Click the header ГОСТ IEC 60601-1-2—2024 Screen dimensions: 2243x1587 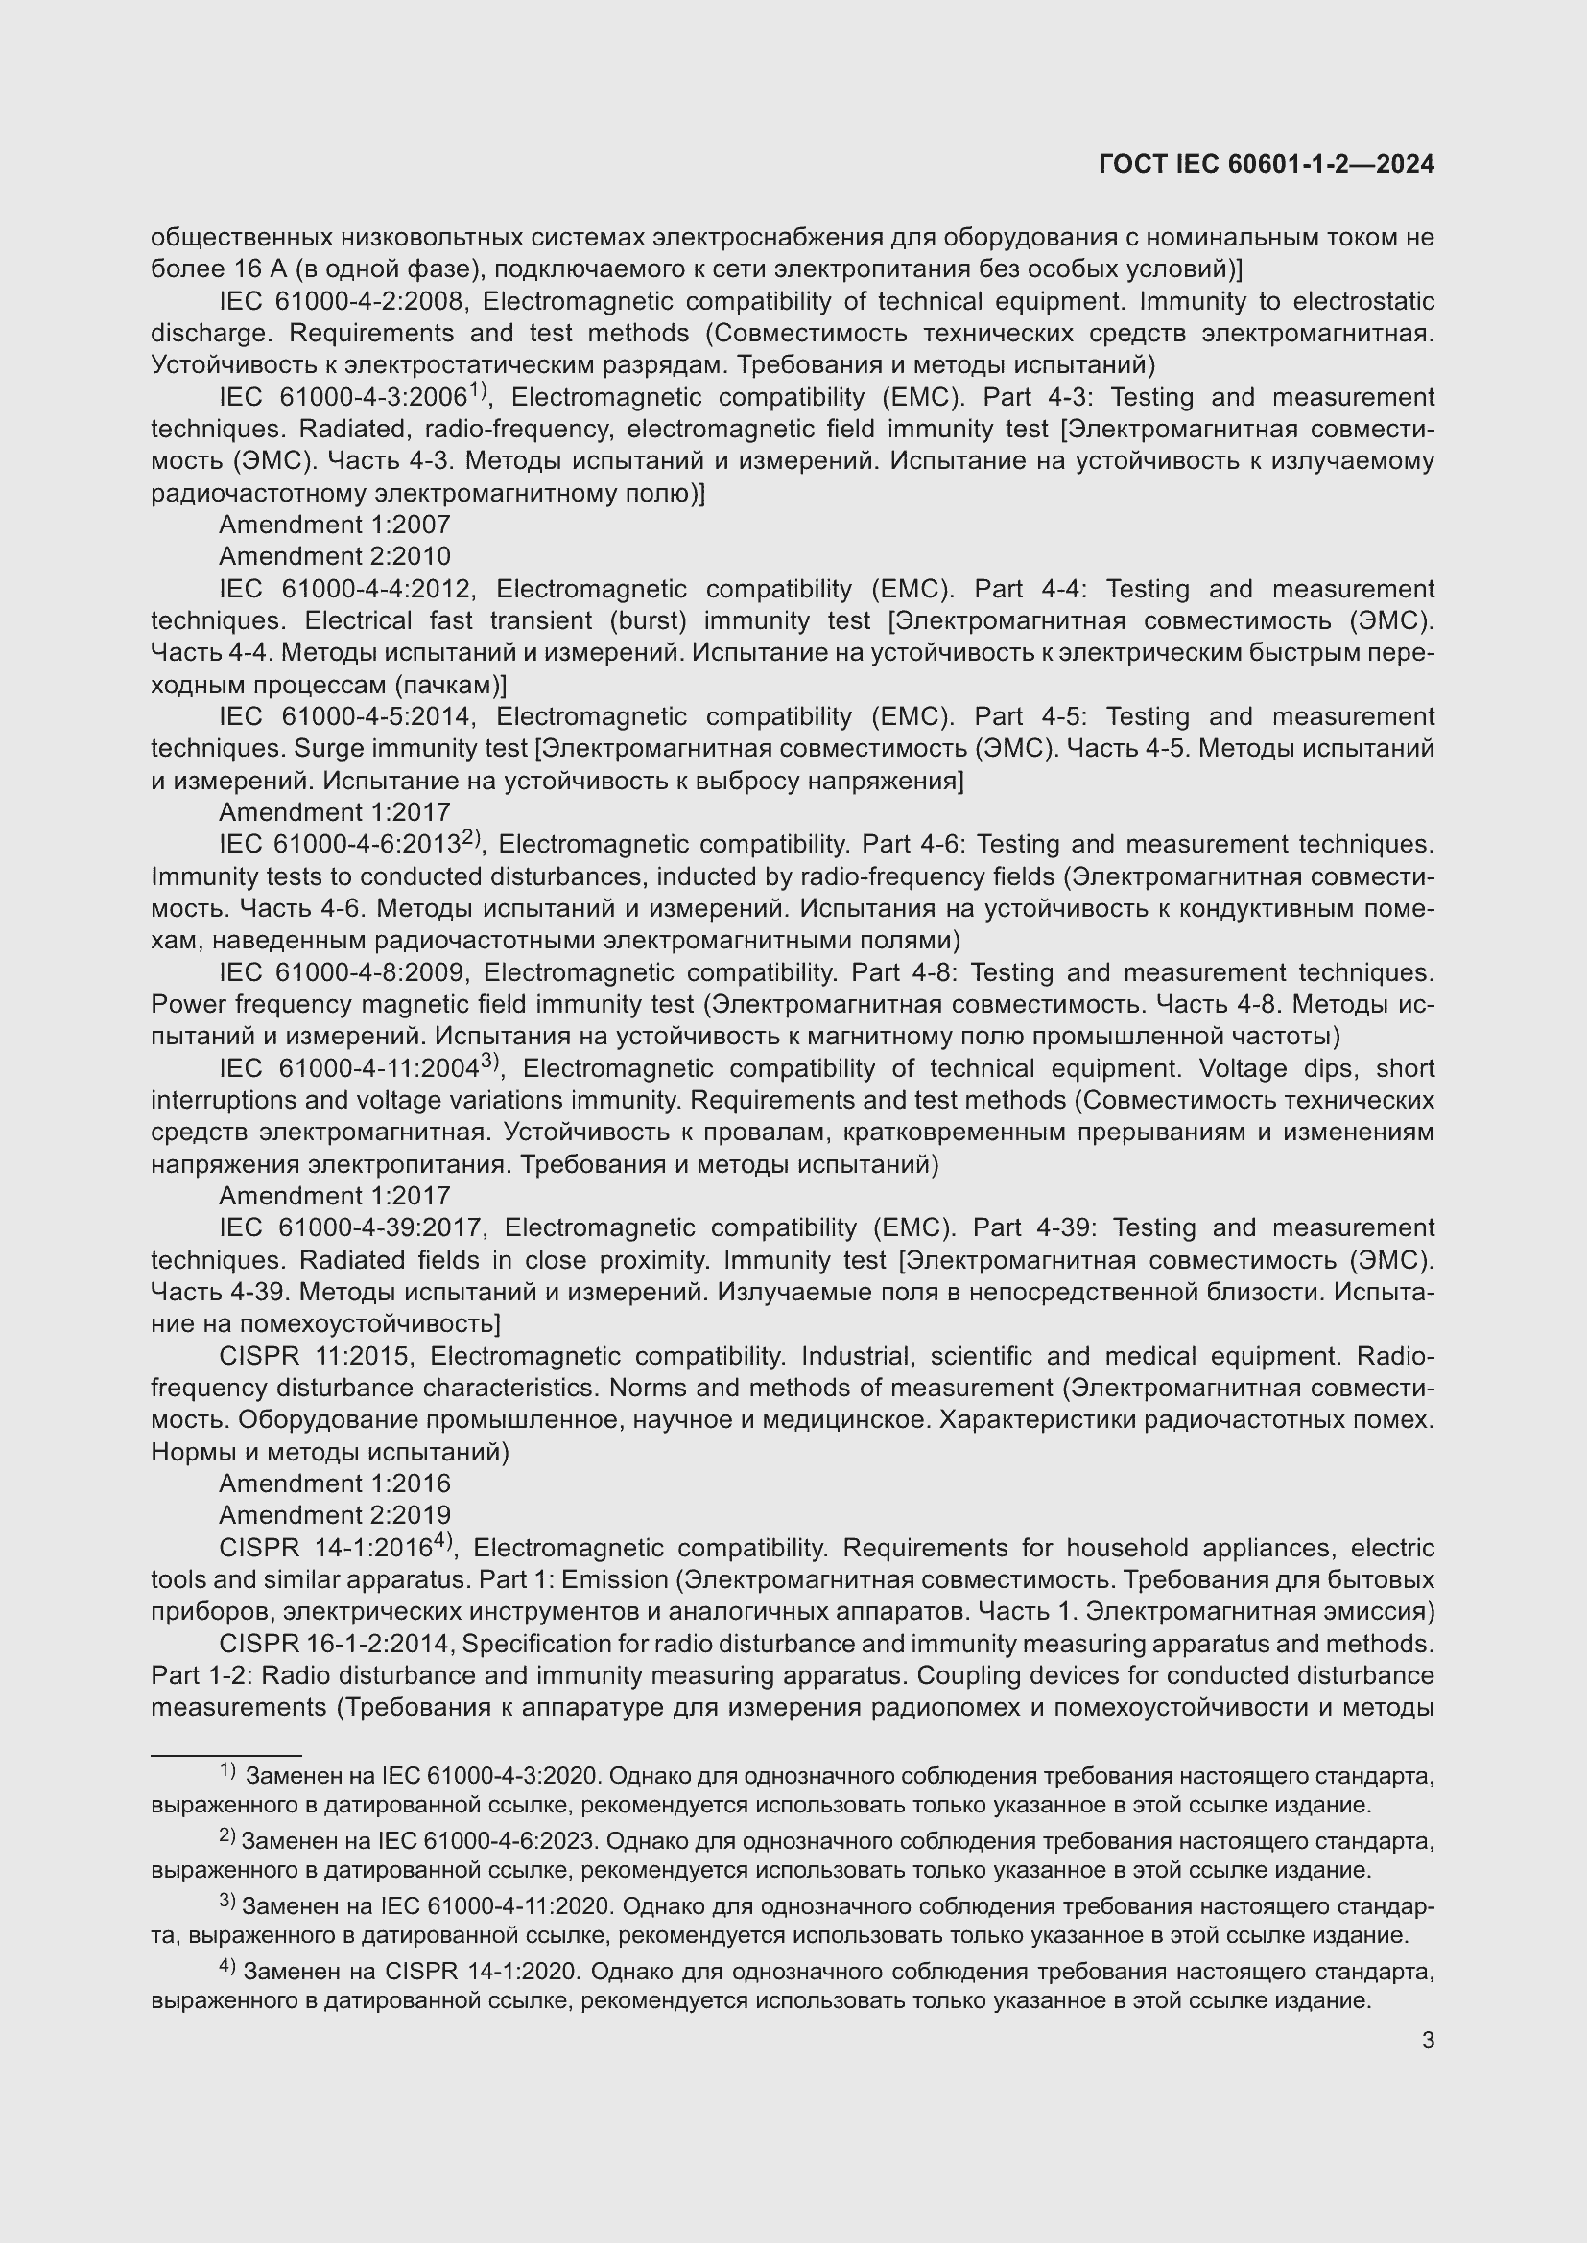[x=1266, y=164]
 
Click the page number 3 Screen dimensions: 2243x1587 [x=1428, y=2040]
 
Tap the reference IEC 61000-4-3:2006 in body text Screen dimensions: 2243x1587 [x=342, y=398]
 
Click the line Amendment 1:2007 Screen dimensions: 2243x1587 [x=334, y=525]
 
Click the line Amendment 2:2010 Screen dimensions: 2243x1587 [x=334, y=557]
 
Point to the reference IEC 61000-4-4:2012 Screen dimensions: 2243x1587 [x=346, y=589]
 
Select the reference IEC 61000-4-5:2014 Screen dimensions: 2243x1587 [x=346, y=717]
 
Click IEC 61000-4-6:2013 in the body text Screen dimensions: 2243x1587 [x=339, y=845]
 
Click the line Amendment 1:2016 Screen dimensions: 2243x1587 [x=334, y=1484]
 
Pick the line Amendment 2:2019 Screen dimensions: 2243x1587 [x=334, y=1515]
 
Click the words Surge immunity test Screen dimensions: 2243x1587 [x=412, y=749]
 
